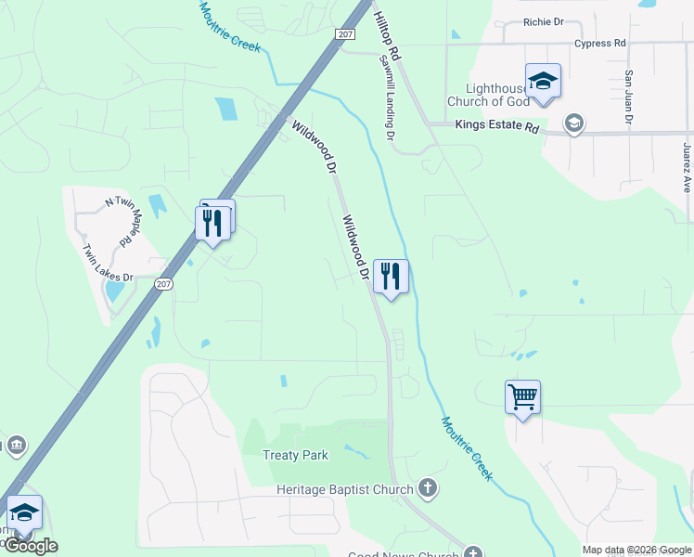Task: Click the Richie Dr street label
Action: click(x=543, y=21)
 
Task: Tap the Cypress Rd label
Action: click(x=599, y=43)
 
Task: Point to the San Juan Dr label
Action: click(x=628, y=97)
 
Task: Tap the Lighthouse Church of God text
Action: click(x=488, y=94)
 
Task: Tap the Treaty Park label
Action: click(x=295, y=455)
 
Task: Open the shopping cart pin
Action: click(x=522, y=397)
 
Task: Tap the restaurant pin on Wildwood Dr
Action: click(x=391, y=276)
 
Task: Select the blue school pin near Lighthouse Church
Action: click(x=543, y=81)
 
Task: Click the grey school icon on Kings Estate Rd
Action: click(x=573, y=123)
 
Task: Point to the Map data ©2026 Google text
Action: click(x=637, y=550)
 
